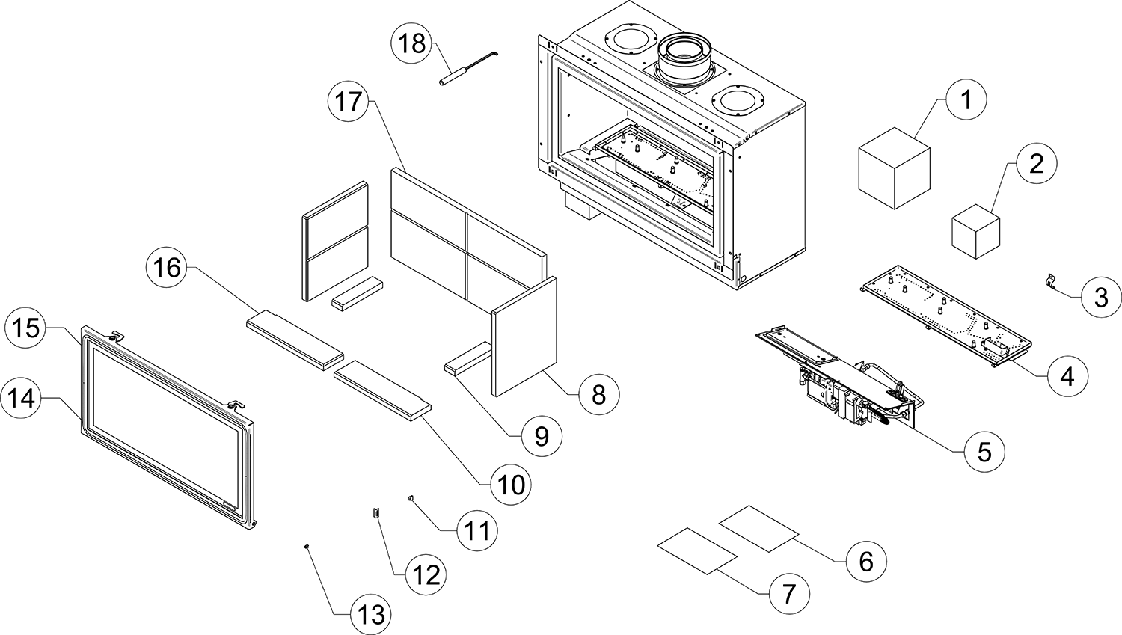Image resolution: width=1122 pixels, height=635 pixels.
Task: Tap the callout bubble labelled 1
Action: [966, 99]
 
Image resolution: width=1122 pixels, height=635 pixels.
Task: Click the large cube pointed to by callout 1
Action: [892, 168]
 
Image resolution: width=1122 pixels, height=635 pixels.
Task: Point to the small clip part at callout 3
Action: [1052, 281]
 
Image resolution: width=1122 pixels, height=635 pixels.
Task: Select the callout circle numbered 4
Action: [1067, 376]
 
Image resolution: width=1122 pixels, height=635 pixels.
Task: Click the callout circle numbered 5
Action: [984, 451]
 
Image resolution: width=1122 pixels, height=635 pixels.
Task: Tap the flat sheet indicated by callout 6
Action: [758, 528]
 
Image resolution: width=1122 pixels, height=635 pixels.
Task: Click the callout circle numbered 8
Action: [598, 393]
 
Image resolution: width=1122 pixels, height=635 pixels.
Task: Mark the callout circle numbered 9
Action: [542, 436]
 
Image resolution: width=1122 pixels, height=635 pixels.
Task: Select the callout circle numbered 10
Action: [512, 485]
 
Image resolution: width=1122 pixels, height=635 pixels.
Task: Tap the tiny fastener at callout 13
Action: [307, 547]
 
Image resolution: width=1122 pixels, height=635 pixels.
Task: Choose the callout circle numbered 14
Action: [22, 397]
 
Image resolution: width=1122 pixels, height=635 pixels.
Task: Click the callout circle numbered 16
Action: [168, 266]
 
